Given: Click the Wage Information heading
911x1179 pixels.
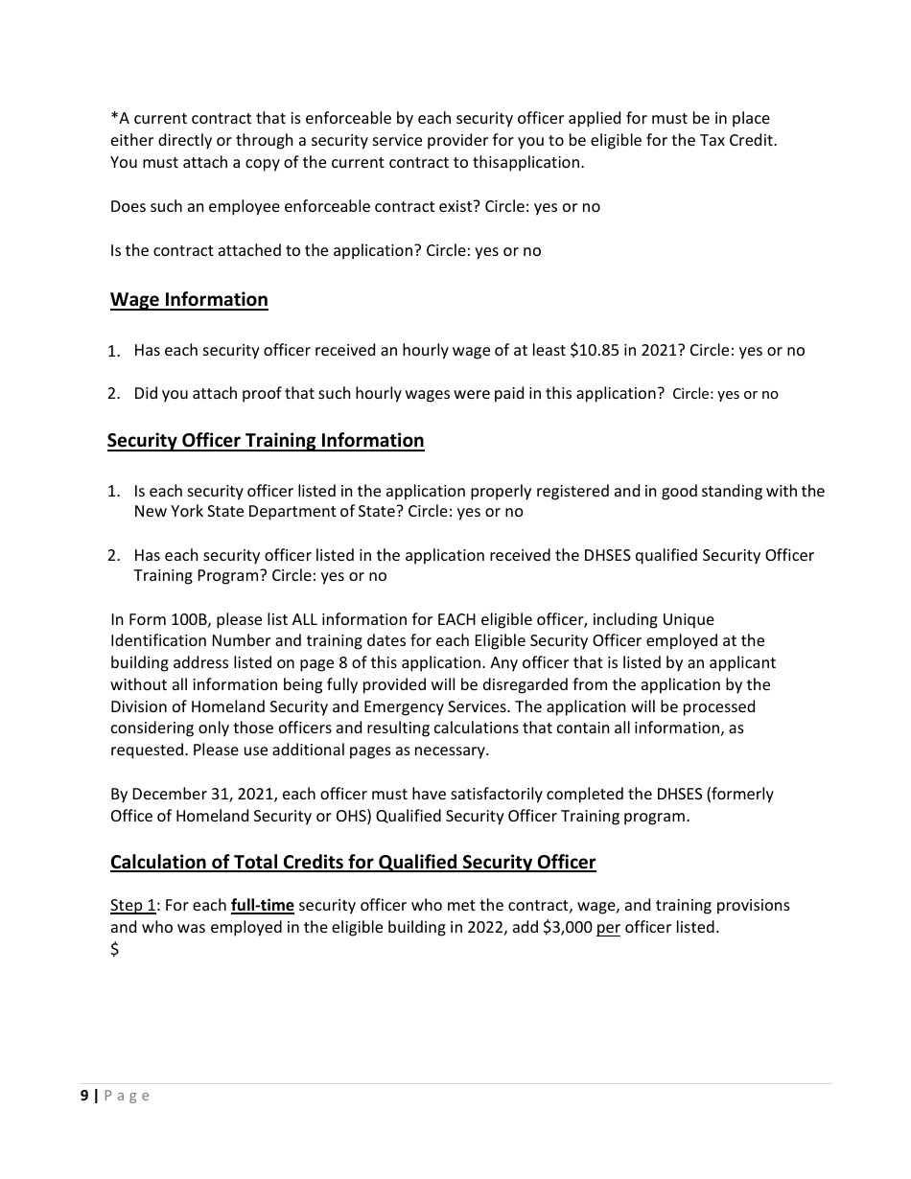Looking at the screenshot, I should (x=189, y=300).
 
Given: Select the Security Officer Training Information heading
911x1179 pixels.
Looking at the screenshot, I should (x=266, y=441).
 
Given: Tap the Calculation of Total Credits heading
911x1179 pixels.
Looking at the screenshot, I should (x=353, y=863).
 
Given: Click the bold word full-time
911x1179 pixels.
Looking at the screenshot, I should (x=263, y=906).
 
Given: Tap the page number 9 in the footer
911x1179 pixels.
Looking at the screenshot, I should (x=84, y=1097).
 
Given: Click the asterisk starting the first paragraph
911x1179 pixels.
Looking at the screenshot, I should (x=114, y=119).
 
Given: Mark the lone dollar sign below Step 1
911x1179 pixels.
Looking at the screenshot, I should (x=115, y=950).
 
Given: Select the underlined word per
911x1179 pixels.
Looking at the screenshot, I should (x=609, y=928).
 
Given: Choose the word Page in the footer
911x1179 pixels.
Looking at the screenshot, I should (x=127, y=1097).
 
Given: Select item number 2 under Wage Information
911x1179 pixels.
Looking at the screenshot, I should (x=113, y=394).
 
